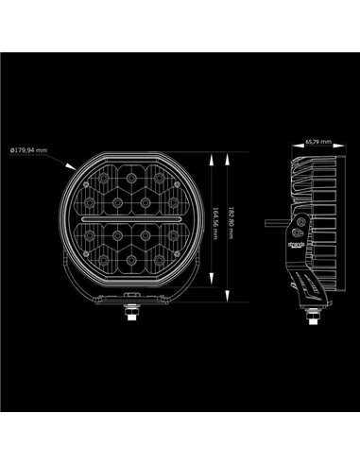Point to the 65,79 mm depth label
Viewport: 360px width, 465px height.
[x=318, y=143]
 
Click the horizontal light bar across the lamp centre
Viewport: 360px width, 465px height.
[x=125, y=221]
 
